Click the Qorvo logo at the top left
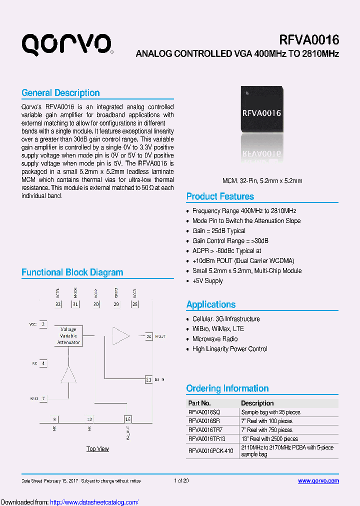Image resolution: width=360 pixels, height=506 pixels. pos(66,44)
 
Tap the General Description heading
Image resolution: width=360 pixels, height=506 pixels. pos(60,93)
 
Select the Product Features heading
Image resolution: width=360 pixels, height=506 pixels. pos(220,196)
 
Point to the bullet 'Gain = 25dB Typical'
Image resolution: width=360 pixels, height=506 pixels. pos(218,231)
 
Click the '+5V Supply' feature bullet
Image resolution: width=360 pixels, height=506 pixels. pos(207,281)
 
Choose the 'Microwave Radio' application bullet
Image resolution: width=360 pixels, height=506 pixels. pos(215,339)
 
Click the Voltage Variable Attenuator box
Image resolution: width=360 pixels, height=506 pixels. pos(68,336)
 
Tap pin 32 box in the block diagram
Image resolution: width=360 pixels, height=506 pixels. pos(58,304)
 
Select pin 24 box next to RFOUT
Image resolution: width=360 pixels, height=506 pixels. pos(148,336)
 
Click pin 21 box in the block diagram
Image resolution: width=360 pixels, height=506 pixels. pos(148,380)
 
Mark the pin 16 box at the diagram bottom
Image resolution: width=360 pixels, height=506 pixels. pos(128,419)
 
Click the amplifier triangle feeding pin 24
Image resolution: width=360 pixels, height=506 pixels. pos(120,336)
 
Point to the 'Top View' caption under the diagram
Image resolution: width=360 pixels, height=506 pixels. pos(97,449)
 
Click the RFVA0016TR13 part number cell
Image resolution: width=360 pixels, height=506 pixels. pos(206,439)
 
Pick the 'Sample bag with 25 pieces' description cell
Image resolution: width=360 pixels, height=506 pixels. pos(270,412)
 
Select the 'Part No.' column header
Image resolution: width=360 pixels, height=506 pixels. pos(199,403)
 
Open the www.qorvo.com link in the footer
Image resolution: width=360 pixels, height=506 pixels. pos(318,481)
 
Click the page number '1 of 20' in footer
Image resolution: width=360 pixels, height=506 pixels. pos(181,481)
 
